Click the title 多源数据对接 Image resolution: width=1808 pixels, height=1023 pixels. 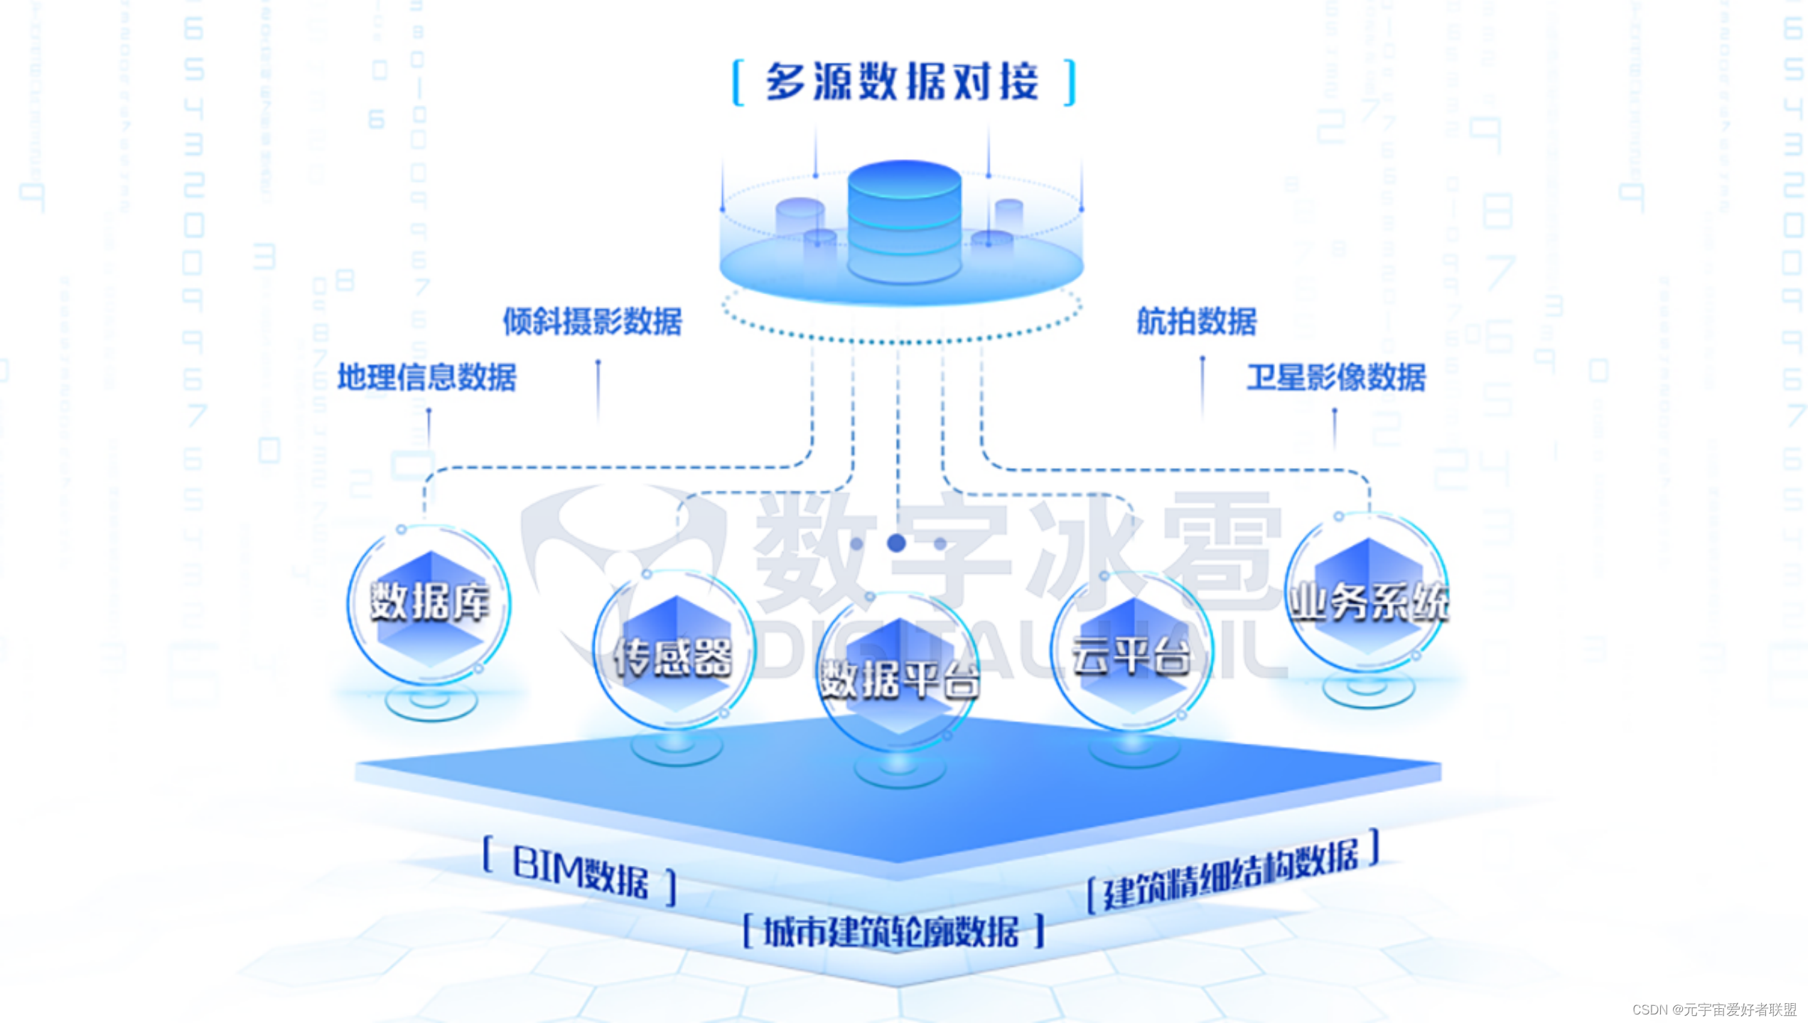point(903,82)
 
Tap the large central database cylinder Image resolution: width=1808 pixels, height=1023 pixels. point(904,220)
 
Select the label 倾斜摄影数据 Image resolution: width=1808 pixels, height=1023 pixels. point(593,321)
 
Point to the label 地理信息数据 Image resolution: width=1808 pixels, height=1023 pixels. point(426,377)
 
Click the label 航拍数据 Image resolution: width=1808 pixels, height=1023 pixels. point(1197,321)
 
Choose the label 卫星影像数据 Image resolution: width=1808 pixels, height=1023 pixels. point(1336,377)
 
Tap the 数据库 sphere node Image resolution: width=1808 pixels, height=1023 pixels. point(429,604)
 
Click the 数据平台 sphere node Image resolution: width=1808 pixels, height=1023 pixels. point(899,675)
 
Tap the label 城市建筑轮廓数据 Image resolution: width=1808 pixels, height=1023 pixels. point(891,931)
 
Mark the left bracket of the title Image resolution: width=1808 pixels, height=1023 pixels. point(738,83)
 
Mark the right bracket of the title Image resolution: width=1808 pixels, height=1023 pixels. point(1070,83)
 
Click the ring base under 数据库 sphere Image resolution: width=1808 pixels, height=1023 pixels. point(431,703)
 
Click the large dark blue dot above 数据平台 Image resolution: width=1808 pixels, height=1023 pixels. point(897,543)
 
